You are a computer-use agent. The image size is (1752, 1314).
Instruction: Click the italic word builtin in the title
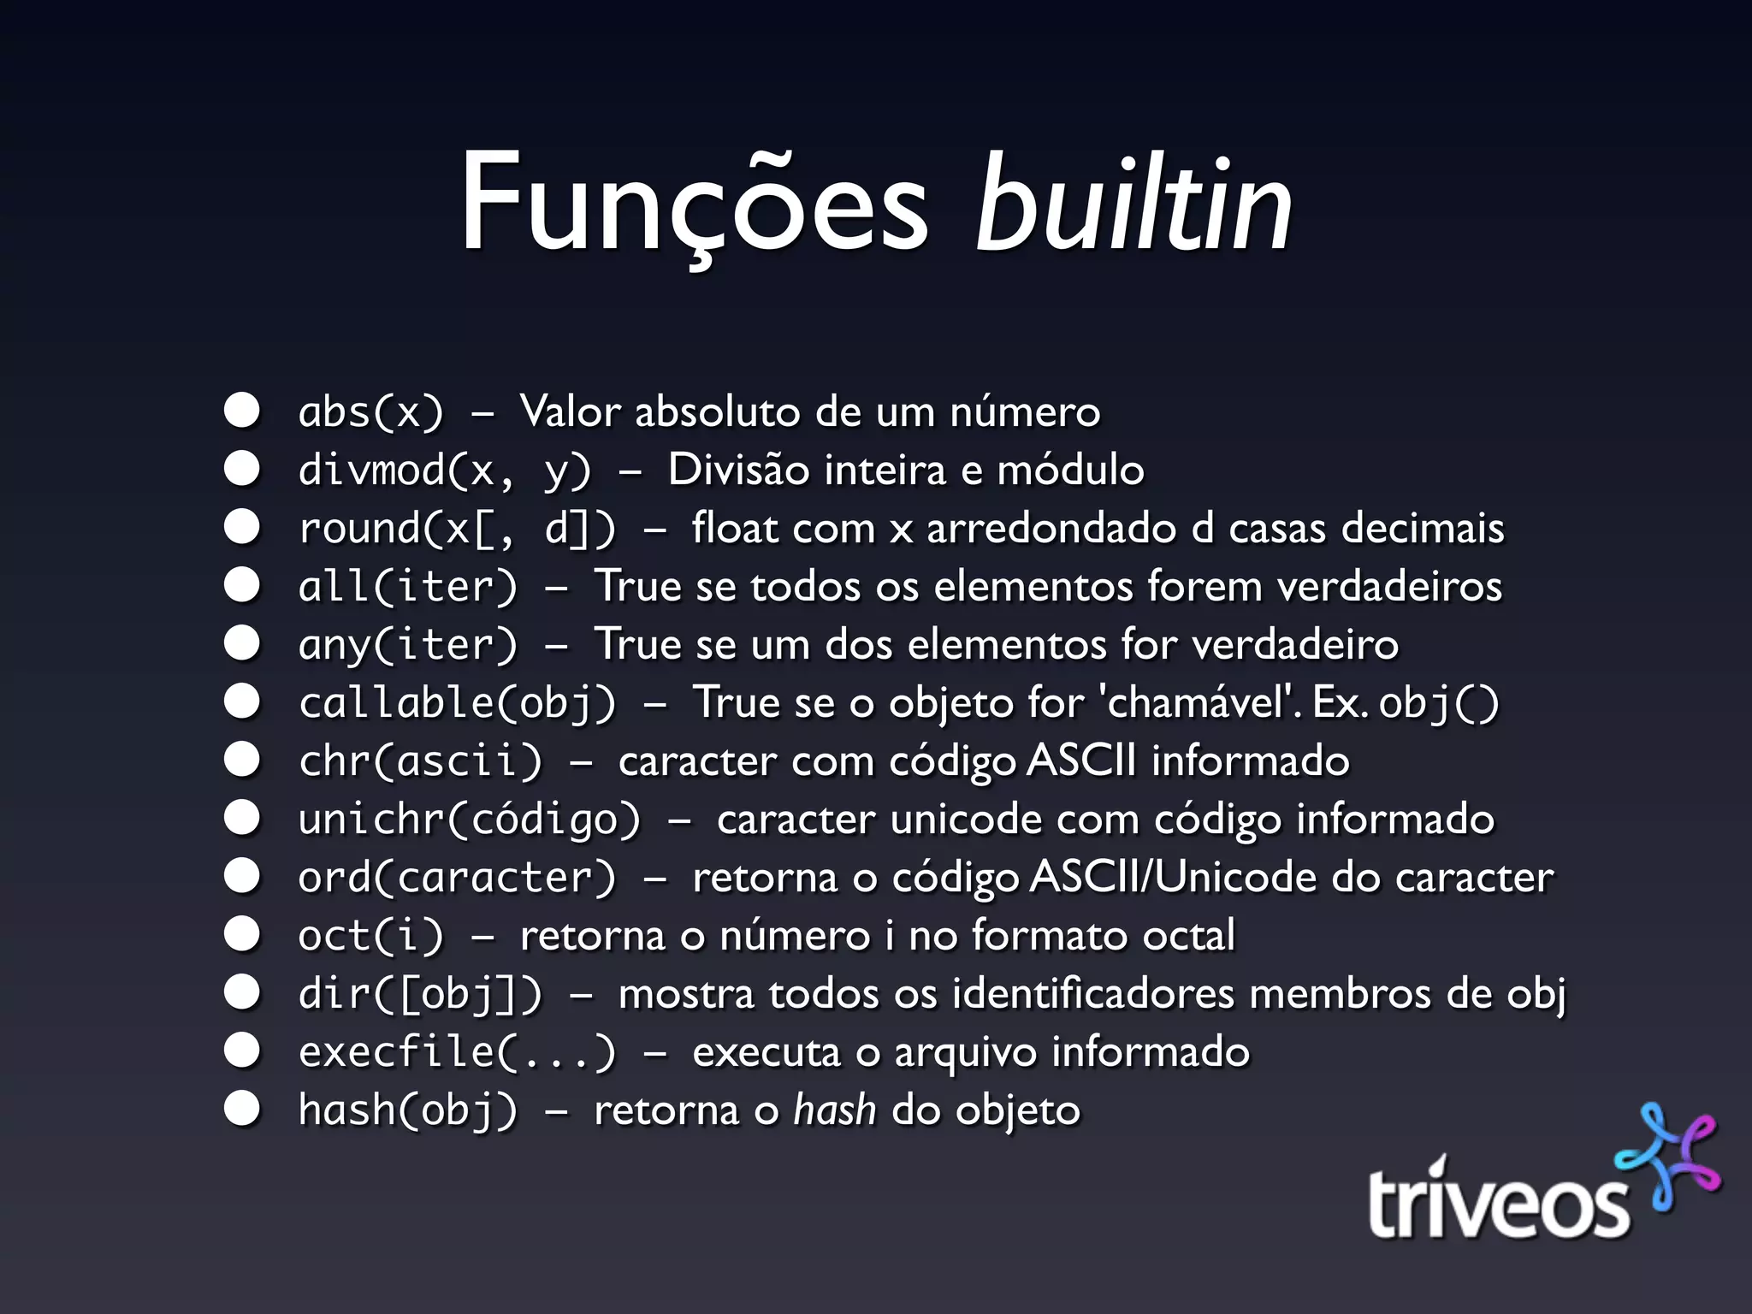[1133, 205]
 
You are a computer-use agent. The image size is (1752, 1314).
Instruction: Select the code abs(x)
[371, 412]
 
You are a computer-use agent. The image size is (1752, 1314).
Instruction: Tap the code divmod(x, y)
[445, 471]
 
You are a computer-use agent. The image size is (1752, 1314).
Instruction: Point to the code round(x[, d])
[457, 529]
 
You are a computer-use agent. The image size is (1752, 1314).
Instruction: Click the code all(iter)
[408, 587]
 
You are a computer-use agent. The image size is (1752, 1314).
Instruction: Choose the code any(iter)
[408, 645]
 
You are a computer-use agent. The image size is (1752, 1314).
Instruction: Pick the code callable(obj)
[457, 703]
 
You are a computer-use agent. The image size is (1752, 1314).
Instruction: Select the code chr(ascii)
[420, 761]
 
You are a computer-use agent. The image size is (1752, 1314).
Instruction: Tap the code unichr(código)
[469, 820]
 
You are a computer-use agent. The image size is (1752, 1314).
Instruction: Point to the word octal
[1189, 936]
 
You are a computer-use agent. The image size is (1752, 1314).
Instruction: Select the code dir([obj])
[420, 994]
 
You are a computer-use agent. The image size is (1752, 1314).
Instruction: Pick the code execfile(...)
[457, 1052]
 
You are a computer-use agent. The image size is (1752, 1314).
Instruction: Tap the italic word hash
[834, 1110]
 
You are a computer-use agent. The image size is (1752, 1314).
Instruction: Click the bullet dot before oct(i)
[242, 935]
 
